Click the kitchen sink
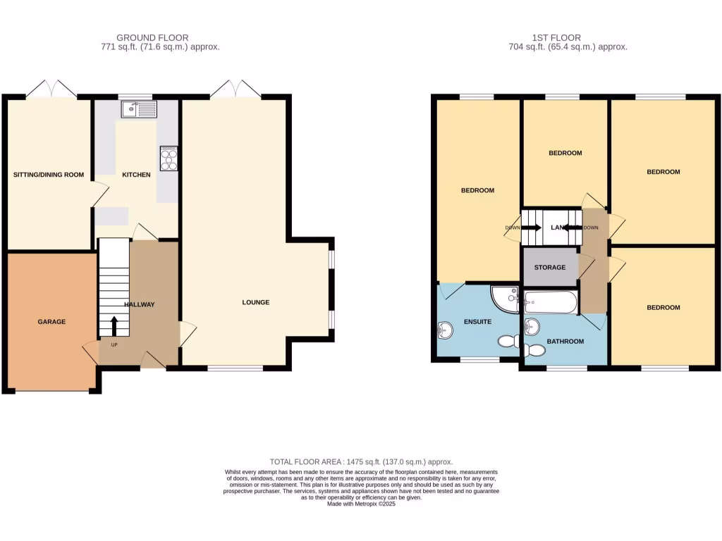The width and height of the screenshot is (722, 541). pyautogui.click(x=138, y=109)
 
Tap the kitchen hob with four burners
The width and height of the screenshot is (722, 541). pyautogui.click(x=169, y=158)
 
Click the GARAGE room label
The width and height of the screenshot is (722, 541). pyautogui.click(x=51, y=321)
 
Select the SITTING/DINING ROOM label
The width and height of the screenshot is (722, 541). pyautogui.click(x=49, y=174)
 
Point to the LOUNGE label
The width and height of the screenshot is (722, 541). pyautogui.click(x=256, y=302)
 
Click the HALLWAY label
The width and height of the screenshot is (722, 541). pyautogui.click(x=139, y=304)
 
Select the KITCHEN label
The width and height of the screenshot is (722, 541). pyautogui.click(x=136, y=174)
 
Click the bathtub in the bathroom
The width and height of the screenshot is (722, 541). pyautogui.click(x=551, y=302)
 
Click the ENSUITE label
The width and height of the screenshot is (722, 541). pyautogui.click(x=477, y=321)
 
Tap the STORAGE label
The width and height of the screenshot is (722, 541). pyautogui.click(x=550, y=268)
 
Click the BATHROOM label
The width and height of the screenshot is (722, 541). pyautogui.click(x=566, y=341)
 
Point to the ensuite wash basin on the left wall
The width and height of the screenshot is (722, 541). pyautogui.click(x=444, y=330)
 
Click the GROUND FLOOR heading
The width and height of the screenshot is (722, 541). pyautogui.click(x=152, y=37)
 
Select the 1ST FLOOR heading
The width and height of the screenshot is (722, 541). pyautogui.click(x=557, y=37)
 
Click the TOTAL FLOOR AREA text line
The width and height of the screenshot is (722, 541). pyautogui.click(x=361, y=461)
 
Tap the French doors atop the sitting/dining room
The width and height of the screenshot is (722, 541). pyautogui.click(x=51, y=90)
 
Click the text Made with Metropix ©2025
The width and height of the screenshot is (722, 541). pyautogui.click(x=361, y=503)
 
